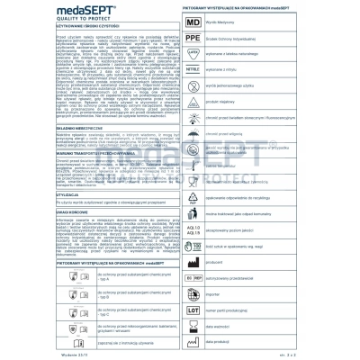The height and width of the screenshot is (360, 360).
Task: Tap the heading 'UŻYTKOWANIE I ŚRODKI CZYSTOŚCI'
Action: coord(37,30)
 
